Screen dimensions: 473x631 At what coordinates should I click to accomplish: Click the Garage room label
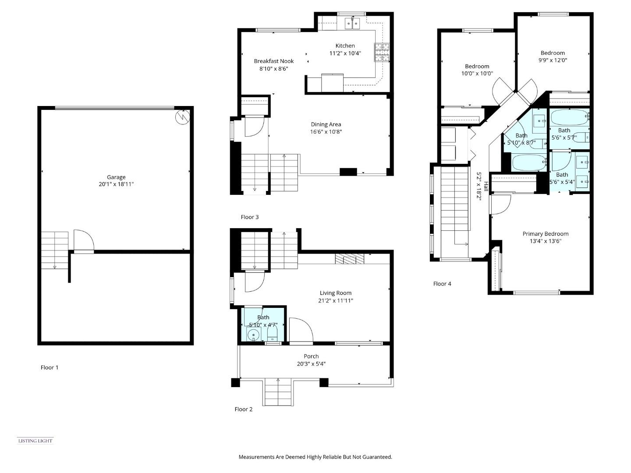click(x=116, y=177)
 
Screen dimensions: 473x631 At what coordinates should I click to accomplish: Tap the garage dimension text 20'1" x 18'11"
click(x=116, y=184)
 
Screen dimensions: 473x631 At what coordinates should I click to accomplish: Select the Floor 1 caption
click(x=50, y=367)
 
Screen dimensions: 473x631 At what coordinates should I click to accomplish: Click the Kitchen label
click(x=345, y=46)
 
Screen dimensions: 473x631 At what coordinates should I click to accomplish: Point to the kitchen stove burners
click(x=381, y=52)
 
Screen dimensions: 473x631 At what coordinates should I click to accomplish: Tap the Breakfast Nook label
click(x=274, y=61)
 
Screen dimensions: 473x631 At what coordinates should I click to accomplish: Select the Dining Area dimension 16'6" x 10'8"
click(x=326, y=131)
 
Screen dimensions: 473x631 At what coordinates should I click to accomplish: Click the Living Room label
click(x=335, y=293)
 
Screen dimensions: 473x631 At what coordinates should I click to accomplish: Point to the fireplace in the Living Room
click(x=349, y=259)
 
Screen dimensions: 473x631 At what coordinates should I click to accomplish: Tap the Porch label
click(x=311, y=356)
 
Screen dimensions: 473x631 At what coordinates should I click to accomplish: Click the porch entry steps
click(x=278, y=392)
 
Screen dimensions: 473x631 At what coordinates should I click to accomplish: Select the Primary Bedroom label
click(x=545, y=234)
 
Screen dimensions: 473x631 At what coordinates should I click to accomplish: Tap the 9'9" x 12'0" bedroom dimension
click(x=553, y=60)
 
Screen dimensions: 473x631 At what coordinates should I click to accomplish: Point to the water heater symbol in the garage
click(x=181, y=117)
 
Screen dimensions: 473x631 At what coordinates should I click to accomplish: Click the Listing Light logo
click(x=35, y=441)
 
